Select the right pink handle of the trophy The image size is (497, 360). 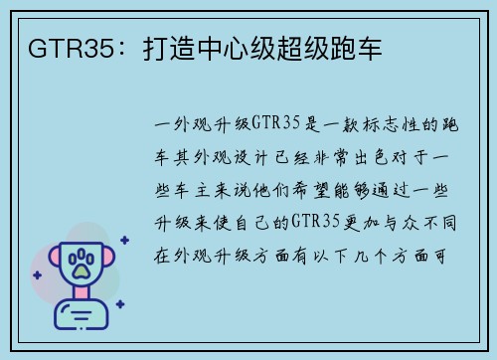click(115, 262)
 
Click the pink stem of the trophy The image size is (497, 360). click(83, 297)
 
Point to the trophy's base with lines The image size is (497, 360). click(83, 317)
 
